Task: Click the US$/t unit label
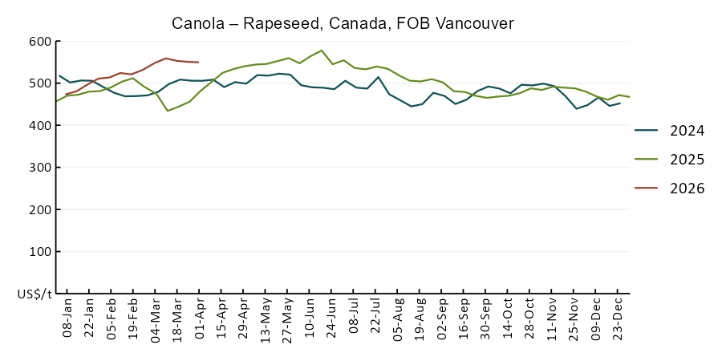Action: coord(34,294)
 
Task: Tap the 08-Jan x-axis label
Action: coord(67,321)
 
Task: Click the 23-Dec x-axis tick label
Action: coord(619,321)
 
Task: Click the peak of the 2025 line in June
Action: coord(322,51)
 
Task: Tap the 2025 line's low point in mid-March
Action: coord(168,111)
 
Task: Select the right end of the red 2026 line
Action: coord(199,62)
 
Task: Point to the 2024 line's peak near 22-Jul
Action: coord(378,77)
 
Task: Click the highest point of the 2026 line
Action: coord(166,58)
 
